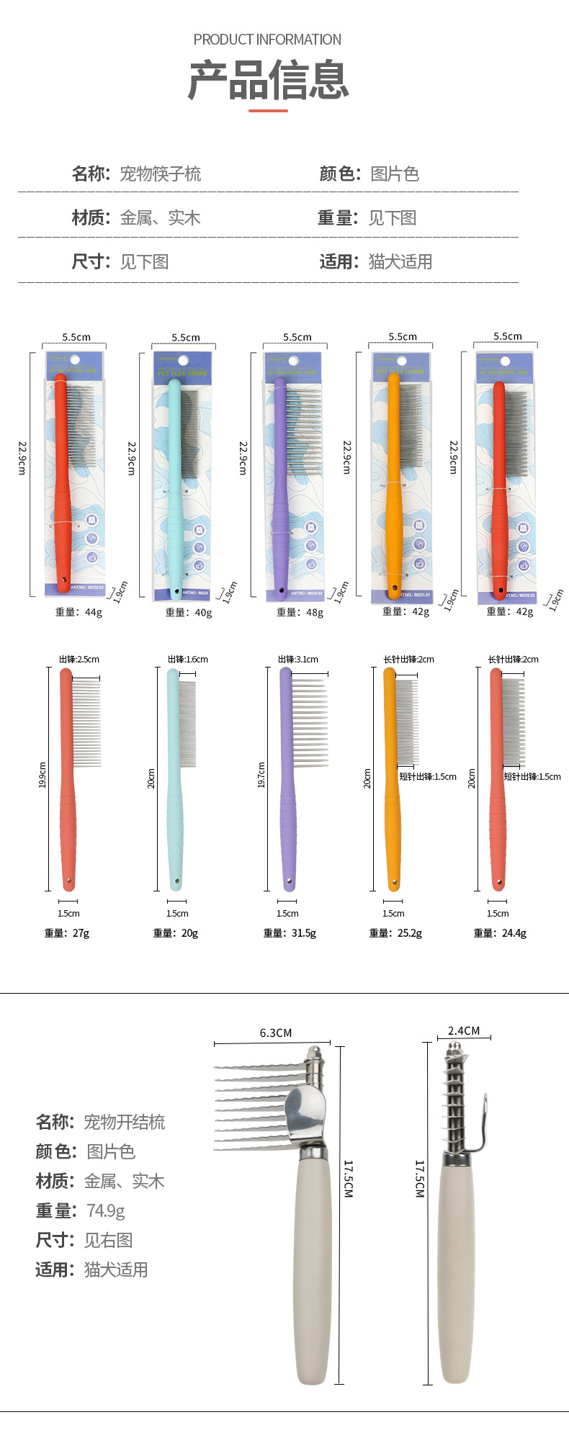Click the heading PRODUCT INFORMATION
click(x=267, y=40)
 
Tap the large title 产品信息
click(x=268, y=80)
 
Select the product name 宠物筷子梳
click(x=160, y=174)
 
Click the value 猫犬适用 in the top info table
click(x=400, y=261)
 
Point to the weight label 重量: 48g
click(x=300, y=612)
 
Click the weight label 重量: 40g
click(x=189, y=612)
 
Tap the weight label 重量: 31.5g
click(x=290, y=932)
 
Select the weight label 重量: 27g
click(x=67, y=932)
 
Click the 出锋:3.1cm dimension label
click(x=298, y=659)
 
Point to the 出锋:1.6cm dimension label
click(x=188, y=659)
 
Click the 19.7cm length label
click(x=261, y=775)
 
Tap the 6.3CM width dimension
click(x=276, y=1033)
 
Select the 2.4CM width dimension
click(x=464, y=1030)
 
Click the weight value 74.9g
click(x=106, y=1210)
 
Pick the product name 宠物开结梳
click(x=125, y=1122)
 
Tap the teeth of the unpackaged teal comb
click(x=187, y=724)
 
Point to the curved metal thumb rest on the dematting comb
click(x=307, y=1112)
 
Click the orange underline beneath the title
click(x=268, y=111)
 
